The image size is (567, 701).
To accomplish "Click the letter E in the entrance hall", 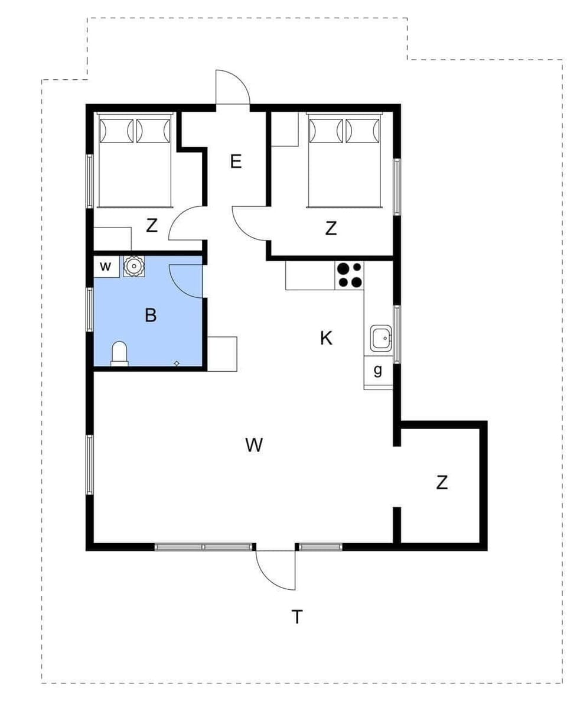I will click(x=236, y=161).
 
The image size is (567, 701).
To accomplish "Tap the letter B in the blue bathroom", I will click(x=151, y=316).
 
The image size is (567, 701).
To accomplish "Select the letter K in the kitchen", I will click(x=325, y=338).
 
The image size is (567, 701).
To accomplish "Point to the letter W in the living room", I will click(x=254, y=444).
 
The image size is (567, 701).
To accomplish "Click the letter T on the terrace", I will click(x=297, y=617).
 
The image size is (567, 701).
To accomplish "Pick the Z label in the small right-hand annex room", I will click(x=442, y=482).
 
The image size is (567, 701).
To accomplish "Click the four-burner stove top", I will click(x=349, y=275).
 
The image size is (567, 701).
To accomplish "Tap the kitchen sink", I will click(x=380, y=339).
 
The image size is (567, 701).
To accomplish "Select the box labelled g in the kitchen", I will click(x=378, y=371).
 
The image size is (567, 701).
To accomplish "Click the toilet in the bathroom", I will click(x=119, y=353).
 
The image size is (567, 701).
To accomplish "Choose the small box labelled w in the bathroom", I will click(x=106, y=267).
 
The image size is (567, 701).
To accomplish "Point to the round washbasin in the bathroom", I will click(x=134, y=266).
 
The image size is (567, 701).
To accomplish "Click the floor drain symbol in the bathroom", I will click(x=177, y=362).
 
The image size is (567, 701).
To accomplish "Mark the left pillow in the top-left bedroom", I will click(x=116, y=131).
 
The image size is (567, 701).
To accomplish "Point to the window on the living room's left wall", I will click(x=90, y=464).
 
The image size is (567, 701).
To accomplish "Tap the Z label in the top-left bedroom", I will click(x=152, y=225).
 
